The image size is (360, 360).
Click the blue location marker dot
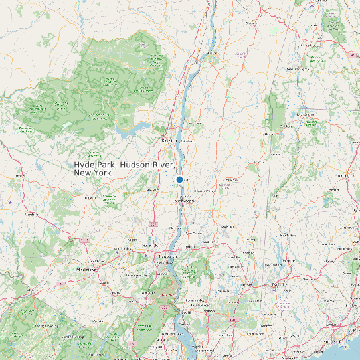pyautogui.click(x=179, y=180)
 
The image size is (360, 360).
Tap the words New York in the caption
pyautogui.click(x=92, y=173)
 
